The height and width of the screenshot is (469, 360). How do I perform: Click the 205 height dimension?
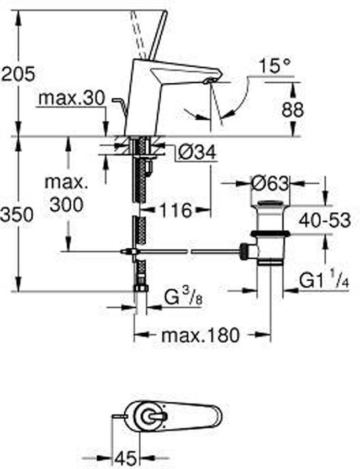(18, 74)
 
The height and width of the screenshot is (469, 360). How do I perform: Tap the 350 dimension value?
(17, 215)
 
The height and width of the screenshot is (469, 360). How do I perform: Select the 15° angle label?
(275, 66)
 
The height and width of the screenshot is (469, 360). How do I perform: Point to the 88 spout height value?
(293, 109)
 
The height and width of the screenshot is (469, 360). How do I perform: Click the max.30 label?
(72, 98)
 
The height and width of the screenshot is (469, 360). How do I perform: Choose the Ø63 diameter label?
(270, 183)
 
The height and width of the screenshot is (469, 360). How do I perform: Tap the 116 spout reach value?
(176, 210)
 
